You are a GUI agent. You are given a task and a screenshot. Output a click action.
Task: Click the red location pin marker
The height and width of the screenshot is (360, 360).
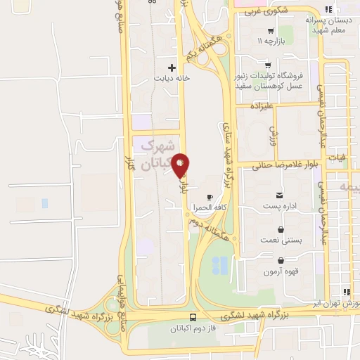click(181, 165)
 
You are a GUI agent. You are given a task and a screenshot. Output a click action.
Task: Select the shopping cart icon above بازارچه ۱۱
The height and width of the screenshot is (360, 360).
click(271, 31)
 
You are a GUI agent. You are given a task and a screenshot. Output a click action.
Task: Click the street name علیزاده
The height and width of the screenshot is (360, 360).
click(268, 106)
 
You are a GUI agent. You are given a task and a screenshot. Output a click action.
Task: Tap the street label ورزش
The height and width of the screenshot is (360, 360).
click(274, 131)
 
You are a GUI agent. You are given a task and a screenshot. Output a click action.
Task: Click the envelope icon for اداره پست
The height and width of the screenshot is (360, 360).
click(281, 194)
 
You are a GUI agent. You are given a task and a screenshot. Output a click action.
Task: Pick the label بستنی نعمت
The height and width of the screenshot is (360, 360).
click(281, 240)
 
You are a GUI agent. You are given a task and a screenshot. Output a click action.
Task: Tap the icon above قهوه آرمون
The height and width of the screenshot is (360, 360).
click(281, 260)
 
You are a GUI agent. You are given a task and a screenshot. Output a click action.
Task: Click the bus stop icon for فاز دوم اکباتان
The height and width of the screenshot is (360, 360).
click(194, 316)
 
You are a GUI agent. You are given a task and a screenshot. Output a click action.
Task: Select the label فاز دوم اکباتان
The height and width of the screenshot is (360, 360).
click(194, 328)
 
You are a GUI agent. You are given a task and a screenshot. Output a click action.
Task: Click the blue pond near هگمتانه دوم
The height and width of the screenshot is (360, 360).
click(220, 264)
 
